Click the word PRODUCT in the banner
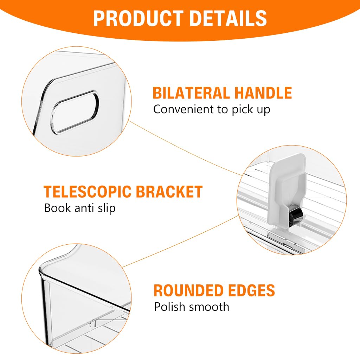click(x=138, y=18)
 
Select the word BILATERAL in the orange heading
click(x=191, y=93)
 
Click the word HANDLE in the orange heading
click(x=263, y=93)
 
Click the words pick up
click(x=251, y=110)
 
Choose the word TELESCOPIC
click(x=88, y=192)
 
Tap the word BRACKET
click(x=169, y=192)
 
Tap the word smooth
click(x=209, y=307)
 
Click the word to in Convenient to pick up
click(x=223, y=110)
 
